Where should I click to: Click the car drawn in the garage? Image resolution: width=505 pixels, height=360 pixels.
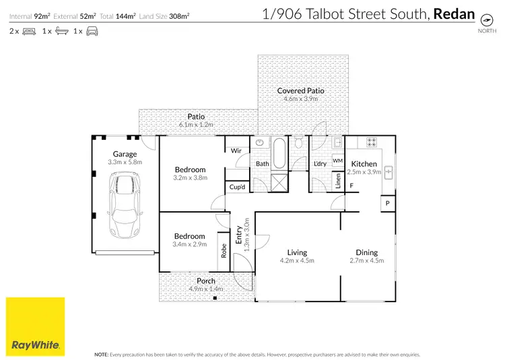pyautogui.click(x=125, y=205)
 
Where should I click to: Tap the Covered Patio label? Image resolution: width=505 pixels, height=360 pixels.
pyautogui.click(x=300, y=90)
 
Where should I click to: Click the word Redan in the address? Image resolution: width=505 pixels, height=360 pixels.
pyautogui.click(x=453, y=13)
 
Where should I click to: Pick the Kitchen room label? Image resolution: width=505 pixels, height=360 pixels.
pyautogui.click(x=364, y=164)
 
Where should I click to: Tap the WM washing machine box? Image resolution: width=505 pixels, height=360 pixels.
pyautogui.click(x=337, y=161)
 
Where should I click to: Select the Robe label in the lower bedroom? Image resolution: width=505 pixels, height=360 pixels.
pyautogui.click(x=224, y=251)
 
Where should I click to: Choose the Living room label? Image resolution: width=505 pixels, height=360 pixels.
pyautogui.click(x=296, y=252)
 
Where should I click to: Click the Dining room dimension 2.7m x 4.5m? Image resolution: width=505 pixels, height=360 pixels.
pyautogui.click(x=367, y=260)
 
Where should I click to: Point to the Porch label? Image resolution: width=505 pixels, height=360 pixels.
pyautogui.click(x=206, y=281)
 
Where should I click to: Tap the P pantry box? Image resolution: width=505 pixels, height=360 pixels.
pyautogui.click(x=388, y=203)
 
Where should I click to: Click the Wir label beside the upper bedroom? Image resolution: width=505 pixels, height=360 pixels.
pyautogui.click(x=236, y=151)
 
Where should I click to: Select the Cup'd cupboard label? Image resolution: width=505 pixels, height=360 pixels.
pyautogui.click(x=236, y=186)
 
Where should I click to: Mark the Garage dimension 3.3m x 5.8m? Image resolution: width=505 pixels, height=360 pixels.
pyautogui.click(x=125, y=161)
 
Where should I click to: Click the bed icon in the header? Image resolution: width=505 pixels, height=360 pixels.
pyautogui.click(x=29, y=31)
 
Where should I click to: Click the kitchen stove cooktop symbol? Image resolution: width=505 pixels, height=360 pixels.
pyautogui.click(x=370, y=142)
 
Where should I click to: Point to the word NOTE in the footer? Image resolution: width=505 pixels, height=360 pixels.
pyautogui.click(x=102, y=353)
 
